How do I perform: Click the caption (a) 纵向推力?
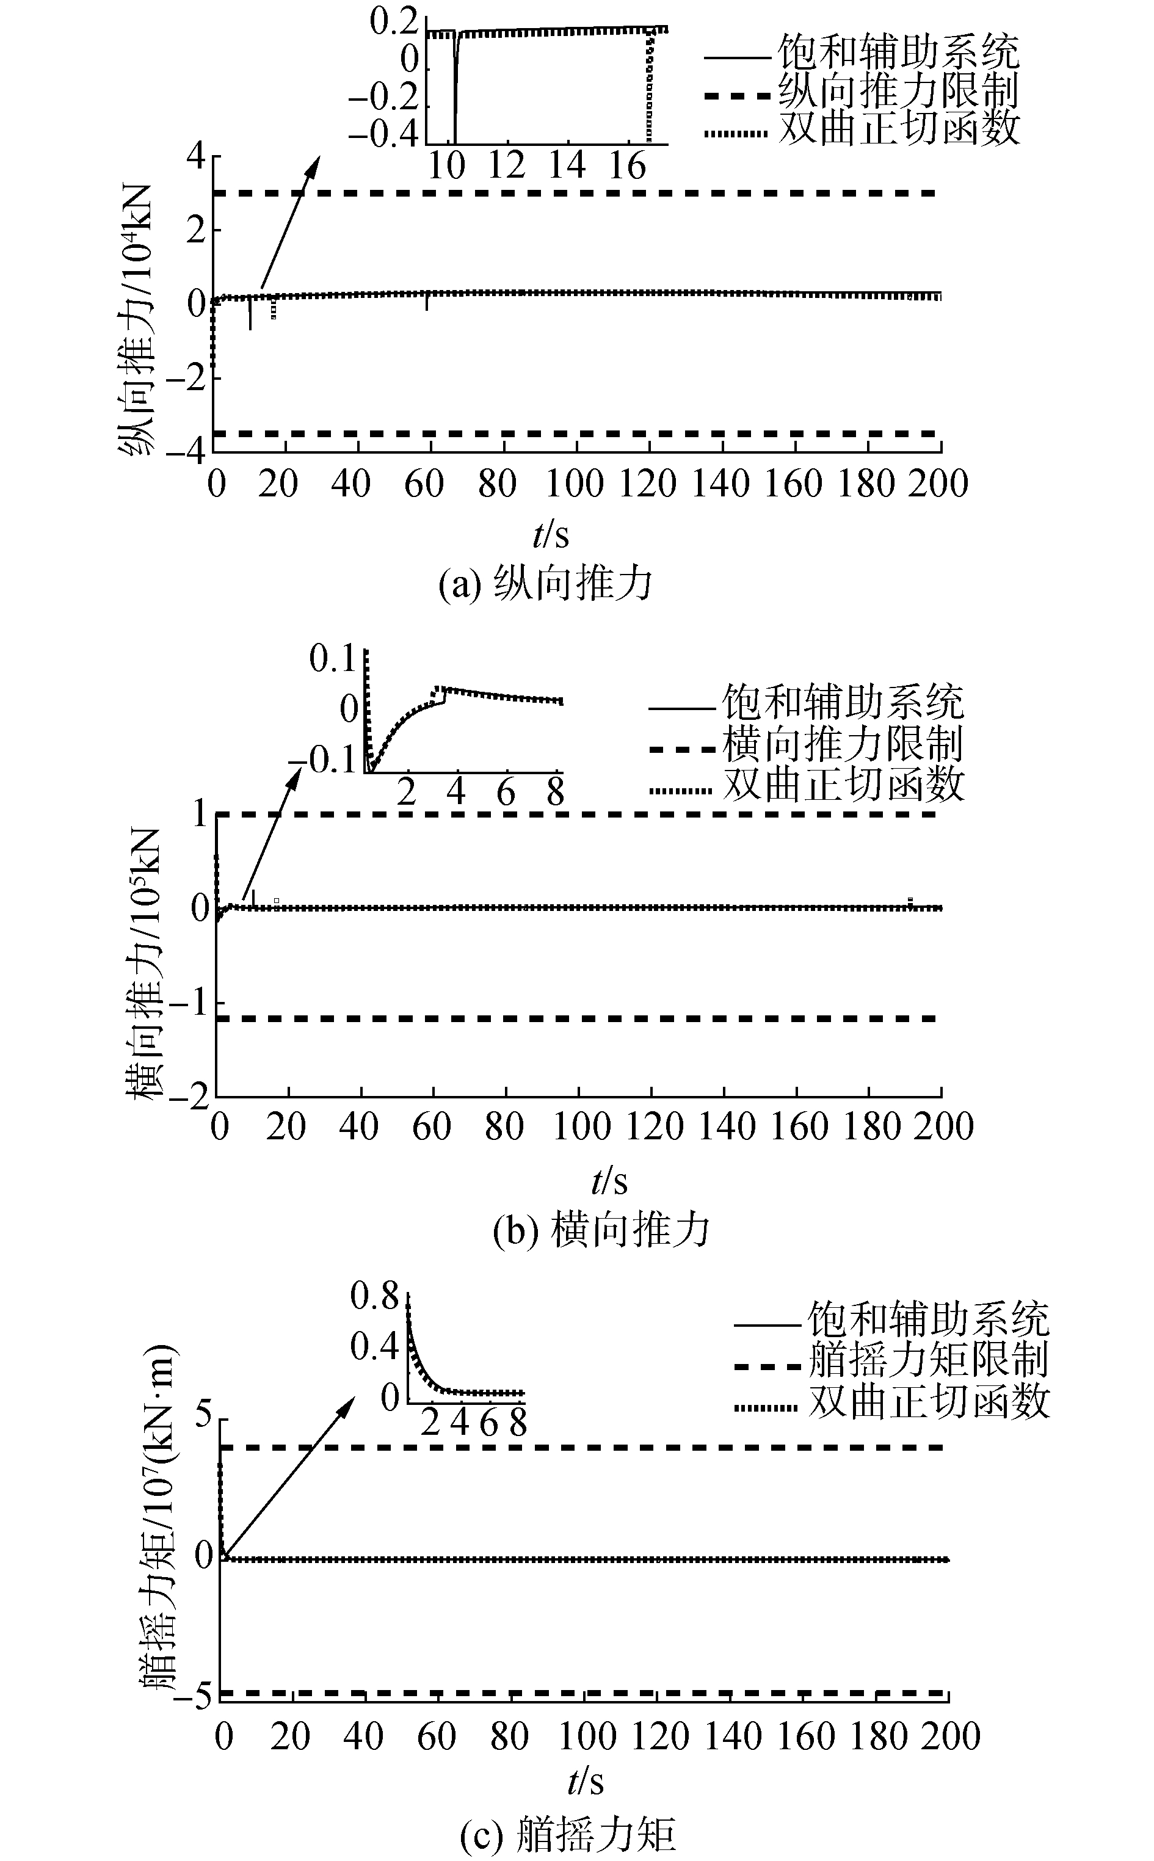pyautogui.click(x=546, y=584)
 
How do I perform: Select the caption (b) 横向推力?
pyautogui.click(x=601, y=1229)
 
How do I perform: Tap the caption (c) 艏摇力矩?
pyautogui.click(x=568, y=1834)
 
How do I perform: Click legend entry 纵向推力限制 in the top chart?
pyautogui.click(x=898, y=92)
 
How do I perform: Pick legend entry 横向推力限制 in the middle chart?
pyautogui.click(x=843, y=744)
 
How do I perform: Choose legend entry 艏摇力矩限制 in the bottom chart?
pyautogui.click(x=928, y=1359)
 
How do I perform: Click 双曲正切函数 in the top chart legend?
pyautogui.click(x=898, y=128)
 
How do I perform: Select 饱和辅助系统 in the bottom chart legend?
pyautogui.click(x=928, y=1318)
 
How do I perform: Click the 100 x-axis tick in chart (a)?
pyautogui.click(x=574, y=483)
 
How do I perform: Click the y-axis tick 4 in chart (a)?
pyautogui.click(x=196, y=156)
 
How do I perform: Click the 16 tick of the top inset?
pyautogui.click(x=626, y=165)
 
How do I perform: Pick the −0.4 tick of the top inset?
pyautogui.click(x=384, y=134)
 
